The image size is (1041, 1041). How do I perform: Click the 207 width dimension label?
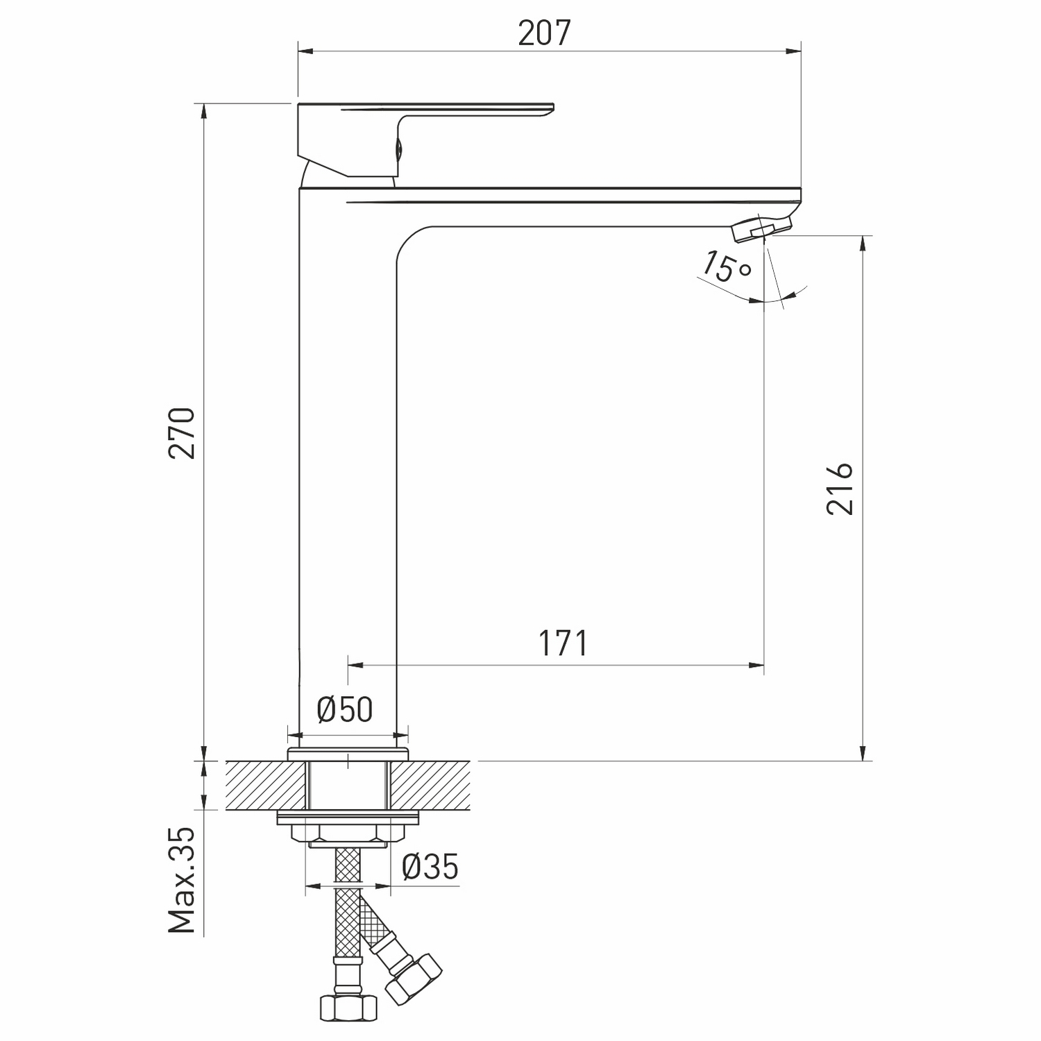point(544,33)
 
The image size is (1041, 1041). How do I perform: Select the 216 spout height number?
point(840,489)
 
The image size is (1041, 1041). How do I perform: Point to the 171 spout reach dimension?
point(563,643)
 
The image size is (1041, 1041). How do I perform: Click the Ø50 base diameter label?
point(345,709)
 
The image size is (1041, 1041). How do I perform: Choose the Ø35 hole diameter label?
point(430,866)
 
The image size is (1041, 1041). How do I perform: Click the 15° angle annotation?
point(726,267)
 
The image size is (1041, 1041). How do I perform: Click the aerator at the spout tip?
point(762,228)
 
